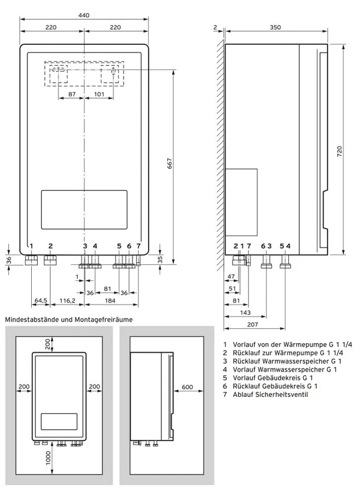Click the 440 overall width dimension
[84, 15]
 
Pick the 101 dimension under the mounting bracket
[99, 94]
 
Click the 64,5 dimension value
[40, 301]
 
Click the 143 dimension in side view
[246, 313]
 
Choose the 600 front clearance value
[188, 387]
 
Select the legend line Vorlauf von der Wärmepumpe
[293, 345]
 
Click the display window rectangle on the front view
[84, 210]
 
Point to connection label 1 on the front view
[32, 246]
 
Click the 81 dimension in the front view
[107, 288]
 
